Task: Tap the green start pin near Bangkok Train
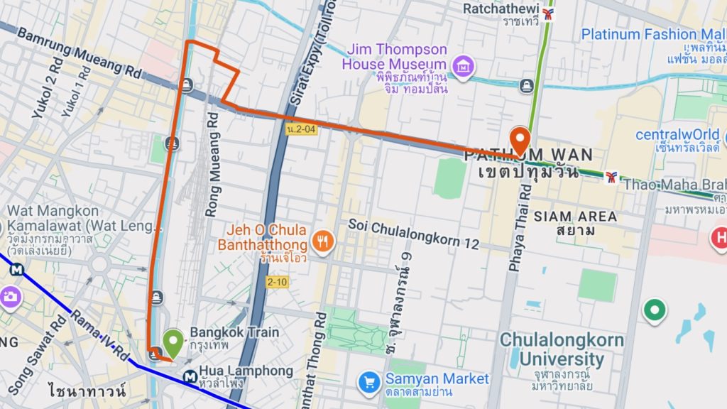pos(173,344)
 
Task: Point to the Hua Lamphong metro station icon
pos(190,376)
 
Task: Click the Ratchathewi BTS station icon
pos(548,13)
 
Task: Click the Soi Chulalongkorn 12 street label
pos(414,233)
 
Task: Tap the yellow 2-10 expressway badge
pos(278,282)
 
